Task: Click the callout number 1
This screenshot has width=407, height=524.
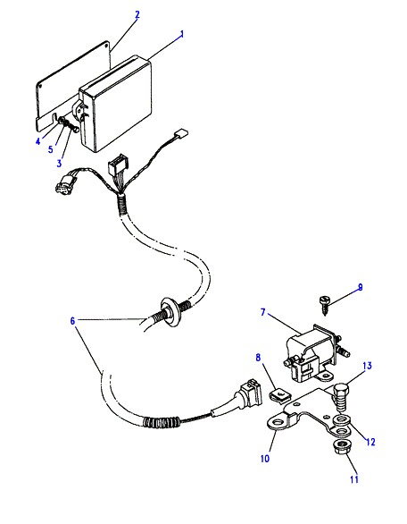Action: [182, 34]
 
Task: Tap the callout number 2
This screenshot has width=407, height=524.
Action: [137, 14]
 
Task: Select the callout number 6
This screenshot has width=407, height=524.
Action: [72, 321]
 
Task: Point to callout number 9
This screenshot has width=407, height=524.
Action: [360, 287]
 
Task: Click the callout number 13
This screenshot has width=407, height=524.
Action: [367, 366]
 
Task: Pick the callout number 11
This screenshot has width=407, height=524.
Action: [354, 479]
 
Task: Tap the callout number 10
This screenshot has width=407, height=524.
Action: [264, 459]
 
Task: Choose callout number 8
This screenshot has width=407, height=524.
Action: [258, 358]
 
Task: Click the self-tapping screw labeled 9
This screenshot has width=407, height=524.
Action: [324, 304]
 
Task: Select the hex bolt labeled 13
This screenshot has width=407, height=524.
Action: [341, 399]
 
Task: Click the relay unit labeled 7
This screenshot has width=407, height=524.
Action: [314, 355]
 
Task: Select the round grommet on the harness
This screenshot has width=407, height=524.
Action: [170, 312]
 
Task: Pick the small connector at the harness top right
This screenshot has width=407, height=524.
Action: [183, 132]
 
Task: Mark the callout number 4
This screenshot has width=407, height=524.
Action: [38, 141]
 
